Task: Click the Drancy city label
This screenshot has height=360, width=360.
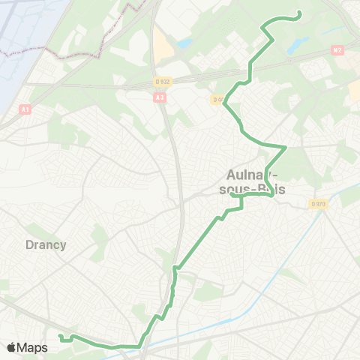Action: coord(46,244)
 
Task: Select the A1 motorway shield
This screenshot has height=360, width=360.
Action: coord(25,109)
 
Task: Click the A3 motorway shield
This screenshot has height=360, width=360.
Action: coord(160,97)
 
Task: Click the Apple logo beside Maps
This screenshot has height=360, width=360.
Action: coord(11,347)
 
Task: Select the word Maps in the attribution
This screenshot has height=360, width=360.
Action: coord(32,347)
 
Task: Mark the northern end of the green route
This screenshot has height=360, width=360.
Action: coord(299,13)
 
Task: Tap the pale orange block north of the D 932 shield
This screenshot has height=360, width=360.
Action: coord(163,41)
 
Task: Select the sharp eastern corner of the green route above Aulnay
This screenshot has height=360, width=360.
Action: coord(286,146)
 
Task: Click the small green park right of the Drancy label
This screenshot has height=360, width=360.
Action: coord(98,238)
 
